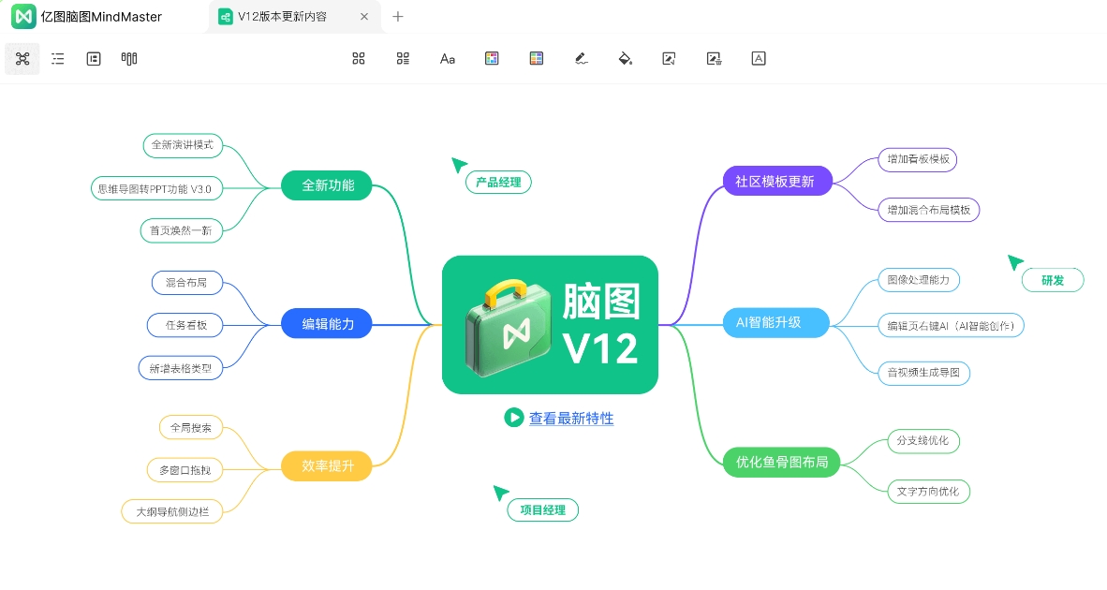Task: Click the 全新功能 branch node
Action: tap(326, 185)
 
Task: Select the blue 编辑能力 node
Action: tap(326, 324)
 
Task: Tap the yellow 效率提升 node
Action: tap(326, 465)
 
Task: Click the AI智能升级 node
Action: tap(775, 322)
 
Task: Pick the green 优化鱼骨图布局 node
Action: tap(781, 463)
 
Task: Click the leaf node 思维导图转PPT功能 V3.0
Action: tap(156, 188)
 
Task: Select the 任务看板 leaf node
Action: tap(185, 325)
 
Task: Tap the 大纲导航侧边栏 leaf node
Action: tap(172, 511)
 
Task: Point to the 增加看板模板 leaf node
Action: tap(918, 159)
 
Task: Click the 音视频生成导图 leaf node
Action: tap(923, 373)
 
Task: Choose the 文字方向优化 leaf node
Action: tap(928, 491)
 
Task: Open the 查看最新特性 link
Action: tap(571, 419)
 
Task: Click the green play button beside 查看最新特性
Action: tap(514, 418)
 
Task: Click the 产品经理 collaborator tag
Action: tap(498, 182)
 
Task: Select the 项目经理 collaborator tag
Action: tap(543, 510)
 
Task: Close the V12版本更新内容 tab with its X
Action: tap(364, 16)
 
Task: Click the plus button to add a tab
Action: tap(398, 16)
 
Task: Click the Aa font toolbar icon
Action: tap(448, 59)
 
